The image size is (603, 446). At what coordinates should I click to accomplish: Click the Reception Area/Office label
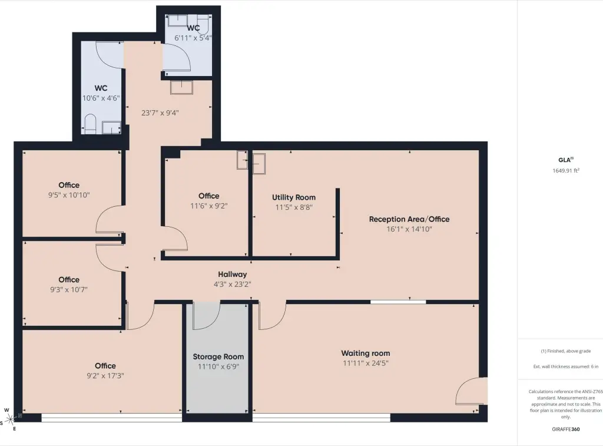point(409,219)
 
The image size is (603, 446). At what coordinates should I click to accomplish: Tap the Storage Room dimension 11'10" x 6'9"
point(218,366)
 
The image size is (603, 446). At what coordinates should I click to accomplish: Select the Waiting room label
point(365,354)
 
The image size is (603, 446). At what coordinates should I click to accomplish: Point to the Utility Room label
point(294,197)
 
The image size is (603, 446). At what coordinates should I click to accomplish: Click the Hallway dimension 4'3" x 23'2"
point(232,285)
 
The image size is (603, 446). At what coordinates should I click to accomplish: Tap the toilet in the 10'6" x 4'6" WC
point(90,124)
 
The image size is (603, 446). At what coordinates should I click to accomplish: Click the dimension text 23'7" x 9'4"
point(160,113)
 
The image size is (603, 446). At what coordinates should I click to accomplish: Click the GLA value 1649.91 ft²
point(566,170)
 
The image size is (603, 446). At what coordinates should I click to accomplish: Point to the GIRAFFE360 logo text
point(566,429)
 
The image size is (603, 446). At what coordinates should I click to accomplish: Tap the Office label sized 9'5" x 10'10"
point(69,185)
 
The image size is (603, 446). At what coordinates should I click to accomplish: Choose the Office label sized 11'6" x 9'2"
point(209,196)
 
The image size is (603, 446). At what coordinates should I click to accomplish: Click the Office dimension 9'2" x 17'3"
point(105,375)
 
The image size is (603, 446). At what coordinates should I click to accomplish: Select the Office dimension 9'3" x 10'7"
point(69,289)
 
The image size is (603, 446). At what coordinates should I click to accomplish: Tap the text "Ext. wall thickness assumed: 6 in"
point(566,366)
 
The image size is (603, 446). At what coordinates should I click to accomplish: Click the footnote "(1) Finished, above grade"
point(566,351)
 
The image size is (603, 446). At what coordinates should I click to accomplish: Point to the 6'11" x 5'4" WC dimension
point(193,38)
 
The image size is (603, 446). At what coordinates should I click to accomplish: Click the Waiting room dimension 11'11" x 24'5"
point(366,364)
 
